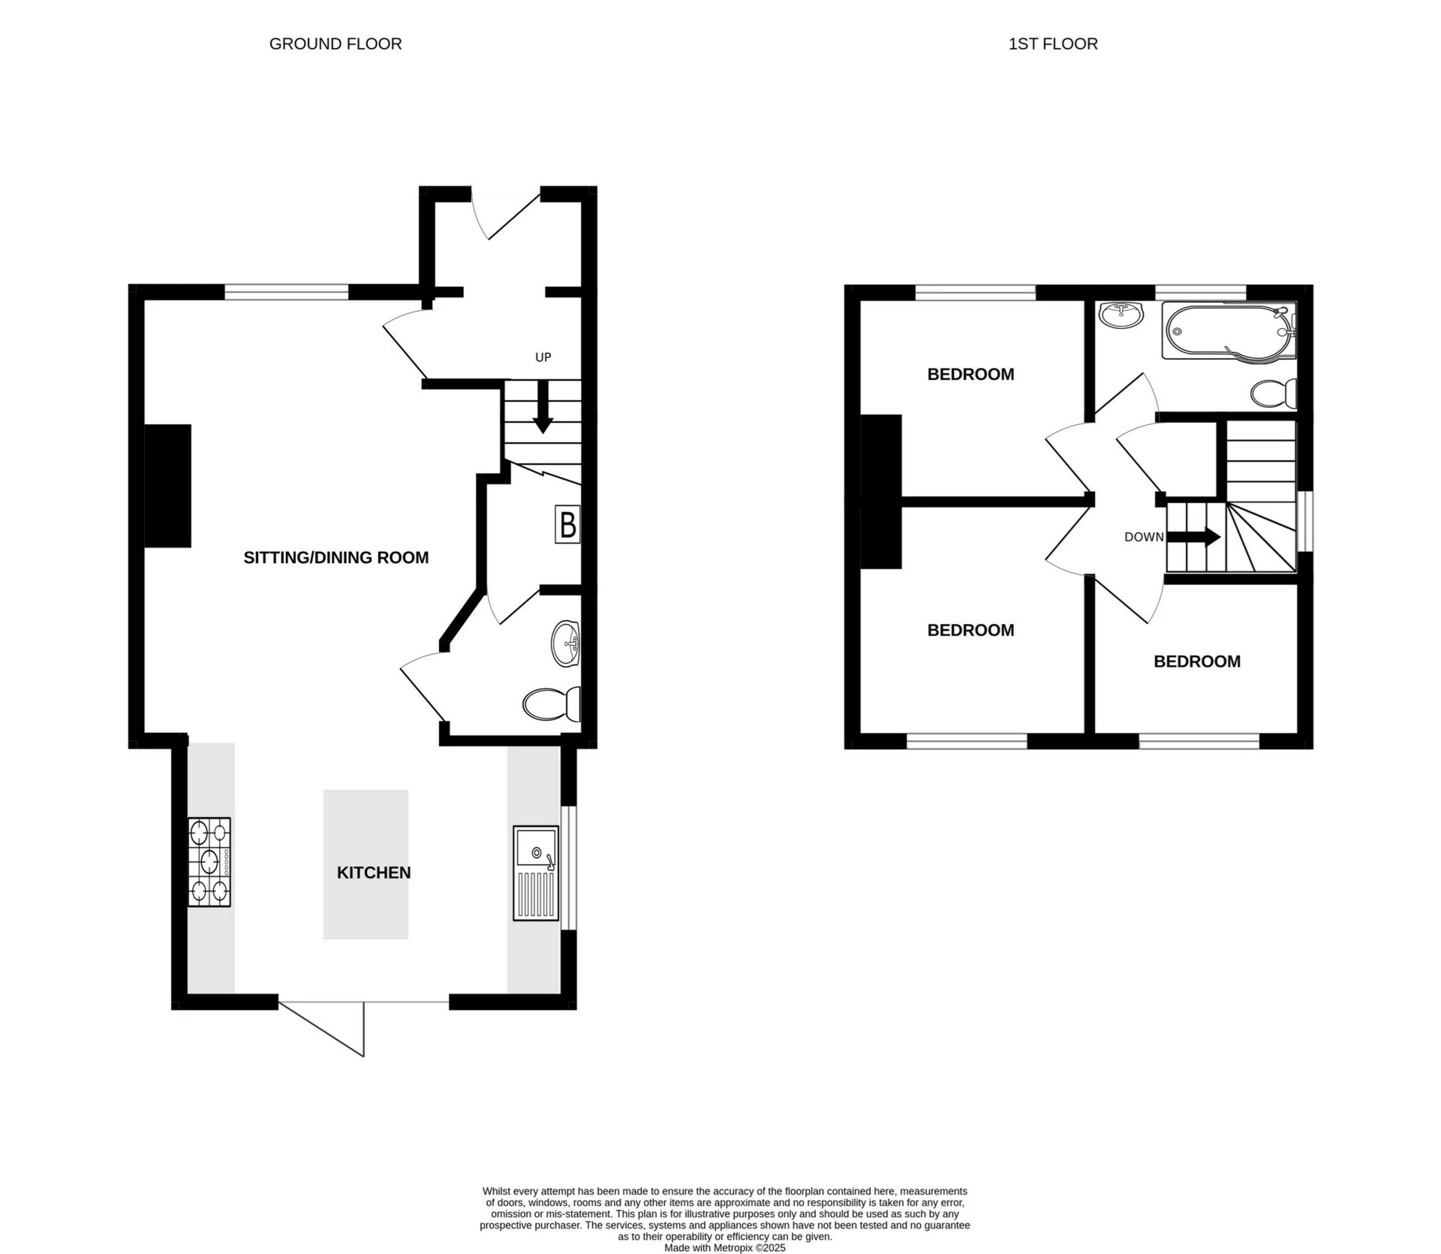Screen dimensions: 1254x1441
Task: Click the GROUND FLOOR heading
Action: pos(335,44)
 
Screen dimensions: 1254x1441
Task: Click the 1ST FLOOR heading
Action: pos(1052,44)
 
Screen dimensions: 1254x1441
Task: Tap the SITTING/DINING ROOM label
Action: pos(335,557)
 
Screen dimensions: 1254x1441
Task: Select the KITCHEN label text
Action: pos(374,873)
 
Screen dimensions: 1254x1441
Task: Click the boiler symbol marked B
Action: pos(568,524)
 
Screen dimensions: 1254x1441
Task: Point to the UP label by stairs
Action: pos(543,357)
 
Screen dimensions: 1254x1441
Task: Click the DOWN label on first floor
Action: pos(1143,537)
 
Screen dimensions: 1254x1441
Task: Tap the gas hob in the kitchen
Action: pos(209,862)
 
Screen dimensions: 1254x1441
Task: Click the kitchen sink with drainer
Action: pos(536,873)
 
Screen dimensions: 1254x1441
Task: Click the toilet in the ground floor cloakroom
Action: pos(551,704)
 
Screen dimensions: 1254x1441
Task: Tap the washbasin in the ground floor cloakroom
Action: pos(566,644)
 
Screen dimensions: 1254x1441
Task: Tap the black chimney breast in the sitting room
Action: pos(167,486)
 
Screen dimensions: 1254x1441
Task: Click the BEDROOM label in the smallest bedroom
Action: pos(1196,662)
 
